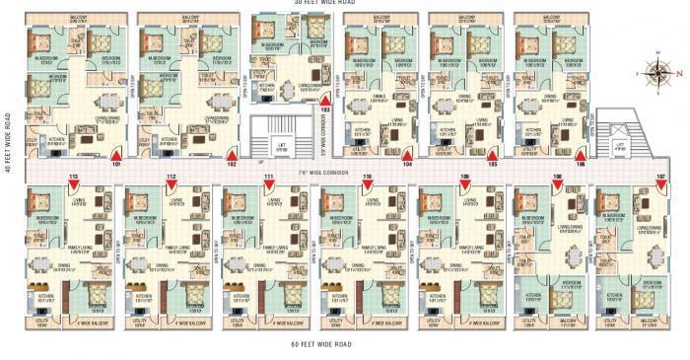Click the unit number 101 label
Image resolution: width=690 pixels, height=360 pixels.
click(117, 165)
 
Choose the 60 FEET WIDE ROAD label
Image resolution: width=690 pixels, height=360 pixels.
click(322, 344)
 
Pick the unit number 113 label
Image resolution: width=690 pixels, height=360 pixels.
click(73, 176)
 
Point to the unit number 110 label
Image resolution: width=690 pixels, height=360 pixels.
click(367, 176)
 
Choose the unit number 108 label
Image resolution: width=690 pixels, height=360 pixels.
click(558, 176)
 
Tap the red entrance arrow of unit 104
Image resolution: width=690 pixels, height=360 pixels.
click(407, 155)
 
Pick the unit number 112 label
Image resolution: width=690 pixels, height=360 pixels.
click(172, 176)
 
